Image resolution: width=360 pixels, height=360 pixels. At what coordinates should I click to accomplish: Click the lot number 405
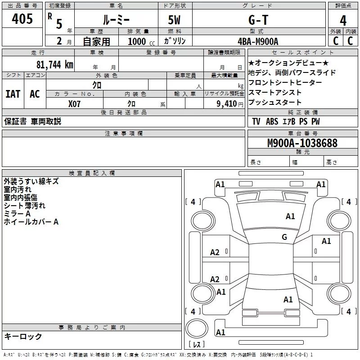tap(22, 19)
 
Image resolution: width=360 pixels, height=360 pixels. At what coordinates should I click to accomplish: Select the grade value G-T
tap(258, 20)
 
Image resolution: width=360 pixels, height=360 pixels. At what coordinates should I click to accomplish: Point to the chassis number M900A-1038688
tap(302, 143)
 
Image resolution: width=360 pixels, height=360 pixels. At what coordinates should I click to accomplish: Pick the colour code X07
tap(74, 103)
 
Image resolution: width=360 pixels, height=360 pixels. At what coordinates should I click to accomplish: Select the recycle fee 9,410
tap(226, 104)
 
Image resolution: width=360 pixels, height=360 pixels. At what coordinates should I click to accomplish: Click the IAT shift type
tap(13, 94)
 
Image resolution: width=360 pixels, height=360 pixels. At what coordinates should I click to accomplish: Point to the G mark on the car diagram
tap(284, 237)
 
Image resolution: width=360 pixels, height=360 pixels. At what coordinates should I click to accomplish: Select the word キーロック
tap(23, 336)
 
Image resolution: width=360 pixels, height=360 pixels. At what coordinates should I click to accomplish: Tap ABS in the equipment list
tap(272, 121)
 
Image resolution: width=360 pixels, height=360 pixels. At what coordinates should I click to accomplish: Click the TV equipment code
tap(256, 121)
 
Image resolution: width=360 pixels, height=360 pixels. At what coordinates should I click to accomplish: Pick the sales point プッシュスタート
tap(275, 102)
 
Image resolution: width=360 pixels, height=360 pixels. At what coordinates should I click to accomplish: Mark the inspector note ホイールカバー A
tap(31, 222)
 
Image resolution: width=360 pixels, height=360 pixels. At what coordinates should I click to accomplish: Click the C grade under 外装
tap(335, 41)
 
